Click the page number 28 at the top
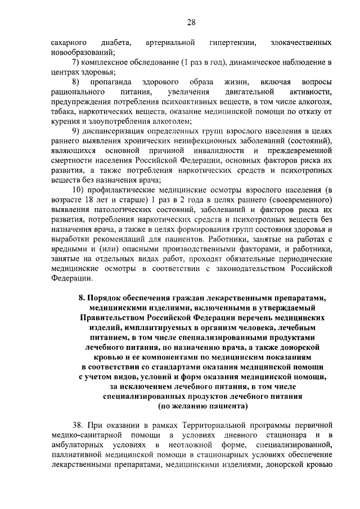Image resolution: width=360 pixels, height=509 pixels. click(x=191, y=22)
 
